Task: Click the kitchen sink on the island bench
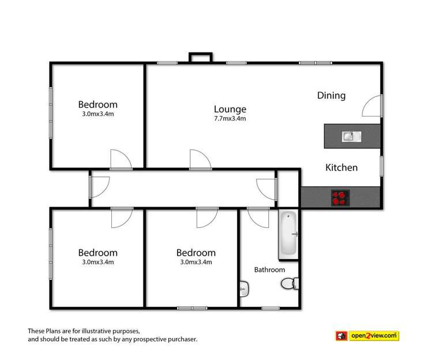coord(351,136)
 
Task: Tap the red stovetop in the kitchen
coord(340,198)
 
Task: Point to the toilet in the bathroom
coord(289,283)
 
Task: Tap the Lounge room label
coord(230,109)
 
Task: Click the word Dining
coord(331,96)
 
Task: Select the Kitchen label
coord(341,168)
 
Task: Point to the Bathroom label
coord(270,269)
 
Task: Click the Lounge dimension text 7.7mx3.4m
coord(230,119)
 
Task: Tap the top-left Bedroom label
coord(97,104)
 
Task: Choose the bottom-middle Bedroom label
coord(196,253)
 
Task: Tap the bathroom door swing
coord(259,217)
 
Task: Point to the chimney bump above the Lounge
coord(201,57)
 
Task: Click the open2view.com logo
coord(367,335)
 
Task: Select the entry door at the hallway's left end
coord(100,184)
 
